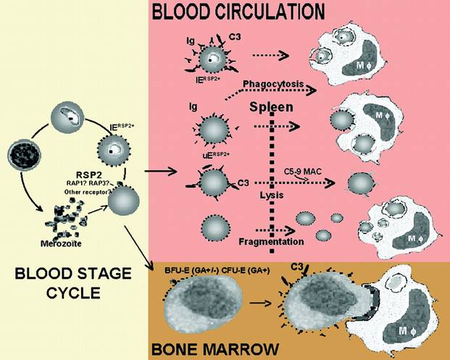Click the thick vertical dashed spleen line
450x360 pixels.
click(273, 181)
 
